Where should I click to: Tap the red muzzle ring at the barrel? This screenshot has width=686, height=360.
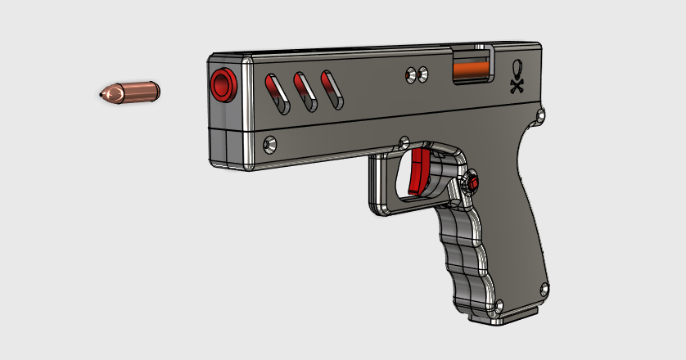coord(222,84)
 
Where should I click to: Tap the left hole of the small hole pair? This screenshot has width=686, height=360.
coord(410,76)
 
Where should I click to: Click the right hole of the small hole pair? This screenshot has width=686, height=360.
coord(423,75)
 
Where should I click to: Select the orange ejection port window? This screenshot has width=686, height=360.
coord(473,71)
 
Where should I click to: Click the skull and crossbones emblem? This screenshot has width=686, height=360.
coord(517,76)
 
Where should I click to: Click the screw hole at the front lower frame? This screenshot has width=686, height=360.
coord(269,144)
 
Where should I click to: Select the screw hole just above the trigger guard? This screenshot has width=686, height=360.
coord(402,140)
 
